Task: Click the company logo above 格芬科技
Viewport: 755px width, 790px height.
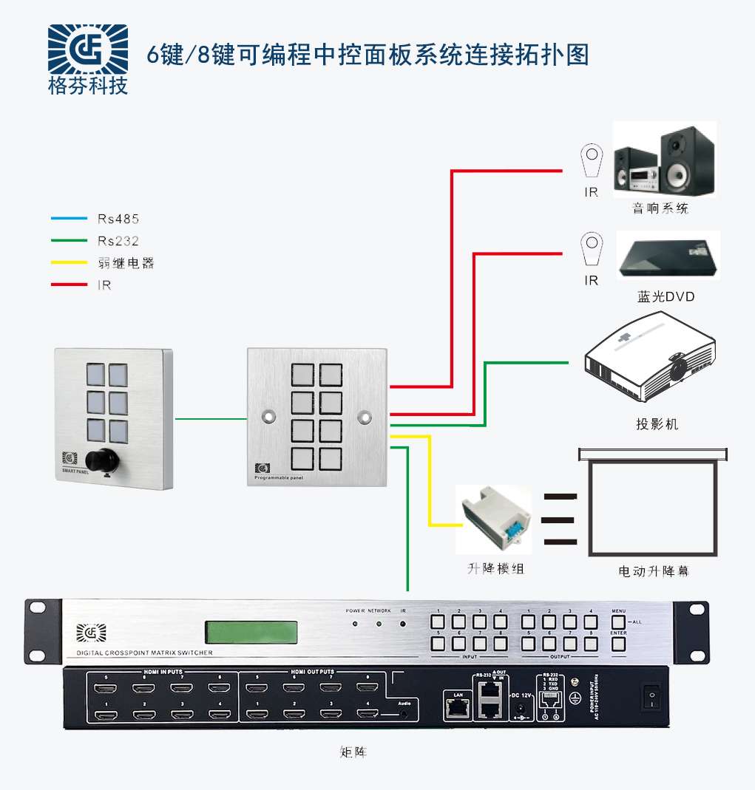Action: [x=87, y=50]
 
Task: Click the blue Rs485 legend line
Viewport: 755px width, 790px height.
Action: [x=69, y=219]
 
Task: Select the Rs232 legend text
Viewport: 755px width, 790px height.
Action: [x=118, y=241]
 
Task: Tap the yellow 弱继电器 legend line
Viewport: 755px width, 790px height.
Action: [x=69, y=262]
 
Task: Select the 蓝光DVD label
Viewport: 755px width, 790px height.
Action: [x=666, y=297]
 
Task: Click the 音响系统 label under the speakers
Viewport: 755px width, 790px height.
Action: [x=660, y=208]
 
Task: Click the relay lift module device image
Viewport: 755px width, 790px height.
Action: [x=493, y=519]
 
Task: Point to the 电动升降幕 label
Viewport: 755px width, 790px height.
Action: [x=653, y=571]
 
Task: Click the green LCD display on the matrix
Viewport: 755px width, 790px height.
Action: [x=251, y=632]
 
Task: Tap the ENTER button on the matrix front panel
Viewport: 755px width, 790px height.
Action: [x=619, y=644]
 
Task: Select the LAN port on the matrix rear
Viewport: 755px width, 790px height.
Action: [x=454, y=708]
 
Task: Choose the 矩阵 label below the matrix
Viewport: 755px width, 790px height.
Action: [x=353, y=753]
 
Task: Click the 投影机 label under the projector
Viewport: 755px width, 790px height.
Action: [x=657, y=424]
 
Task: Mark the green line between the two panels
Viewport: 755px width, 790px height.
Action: [x=210, y=420]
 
